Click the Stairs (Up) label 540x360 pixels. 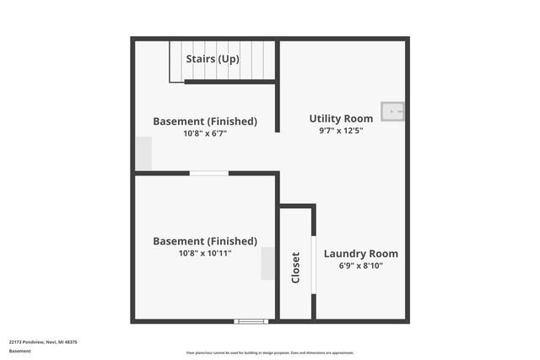[x=213, y=59]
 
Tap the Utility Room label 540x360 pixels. [x=341, y=119]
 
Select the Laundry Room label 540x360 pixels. [x=361, y=254]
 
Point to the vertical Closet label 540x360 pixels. [x=295, y=267]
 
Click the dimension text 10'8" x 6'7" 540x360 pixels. [x=205, y=133]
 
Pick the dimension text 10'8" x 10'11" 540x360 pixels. [x=205, y=253]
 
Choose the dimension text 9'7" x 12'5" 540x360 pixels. [x=341, y=131]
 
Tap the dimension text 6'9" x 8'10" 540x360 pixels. [x=361, y=266]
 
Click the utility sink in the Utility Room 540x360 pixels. [x=392, y=111]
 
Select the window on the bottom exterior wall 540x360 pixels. [x=251, y=321]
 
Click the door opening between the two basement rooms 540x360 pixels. [x=208, y=174]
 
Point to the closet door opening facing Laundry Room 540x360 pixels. [x=314, y=264]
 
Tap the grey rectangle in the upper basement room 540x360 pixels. [x=143, y=154]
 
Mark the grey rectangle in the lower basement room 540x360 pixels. [x=267, y=264]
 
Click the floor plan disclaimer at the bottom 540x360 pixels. [x=270, y=353]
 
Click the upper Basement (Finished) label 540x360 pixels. [x=205, y=121]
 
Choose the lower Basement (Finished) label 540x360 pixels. [x=205, y=241]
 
